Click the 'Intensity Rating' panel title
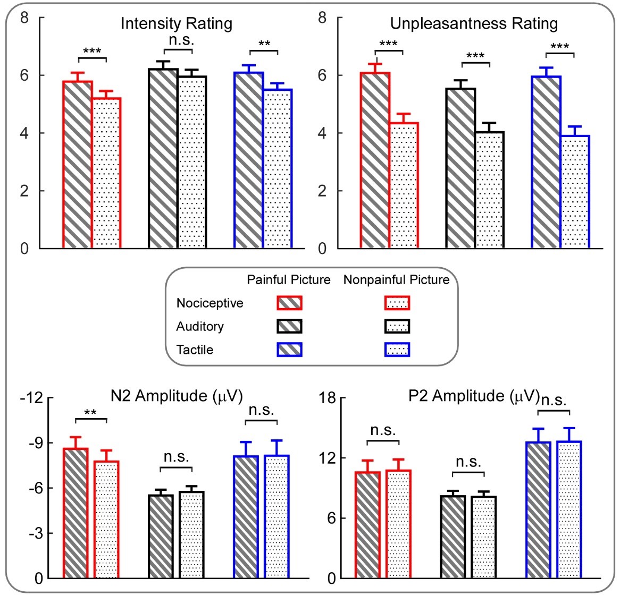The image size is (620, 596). point(176,24)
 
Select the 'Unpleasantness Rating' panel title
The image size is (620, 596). point(474,24)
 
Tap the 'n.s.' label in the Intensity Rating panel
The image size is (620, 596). point(178,40)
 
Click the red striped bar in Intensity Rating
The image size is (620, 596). point(78,165)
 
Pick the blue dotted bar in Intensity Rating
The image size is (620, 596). point(278,168)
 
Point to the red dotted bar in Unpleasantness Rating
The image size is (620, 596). point(404,185)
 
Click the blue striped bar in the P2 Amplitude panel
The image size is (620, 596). point(538,510)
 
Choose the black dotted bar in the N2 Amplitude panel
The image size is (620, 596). point(191,535)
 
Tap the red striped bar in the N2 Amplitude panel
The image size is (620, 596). point(76,513)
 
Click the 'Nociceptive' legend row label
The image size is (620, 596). point(210,303)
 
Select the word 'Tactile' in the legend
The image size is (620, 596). point(195,350)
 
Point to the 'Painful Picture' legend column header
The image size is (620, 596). point(288,280)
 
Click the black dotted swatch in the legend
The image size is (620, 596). point(397,326)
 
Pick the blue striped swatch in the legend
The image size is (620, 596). point(289,349)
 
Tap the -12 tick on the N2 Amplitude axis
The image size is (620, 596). point(31,397)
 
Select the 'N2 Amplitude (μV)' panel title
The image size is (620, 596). point(176,396)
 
